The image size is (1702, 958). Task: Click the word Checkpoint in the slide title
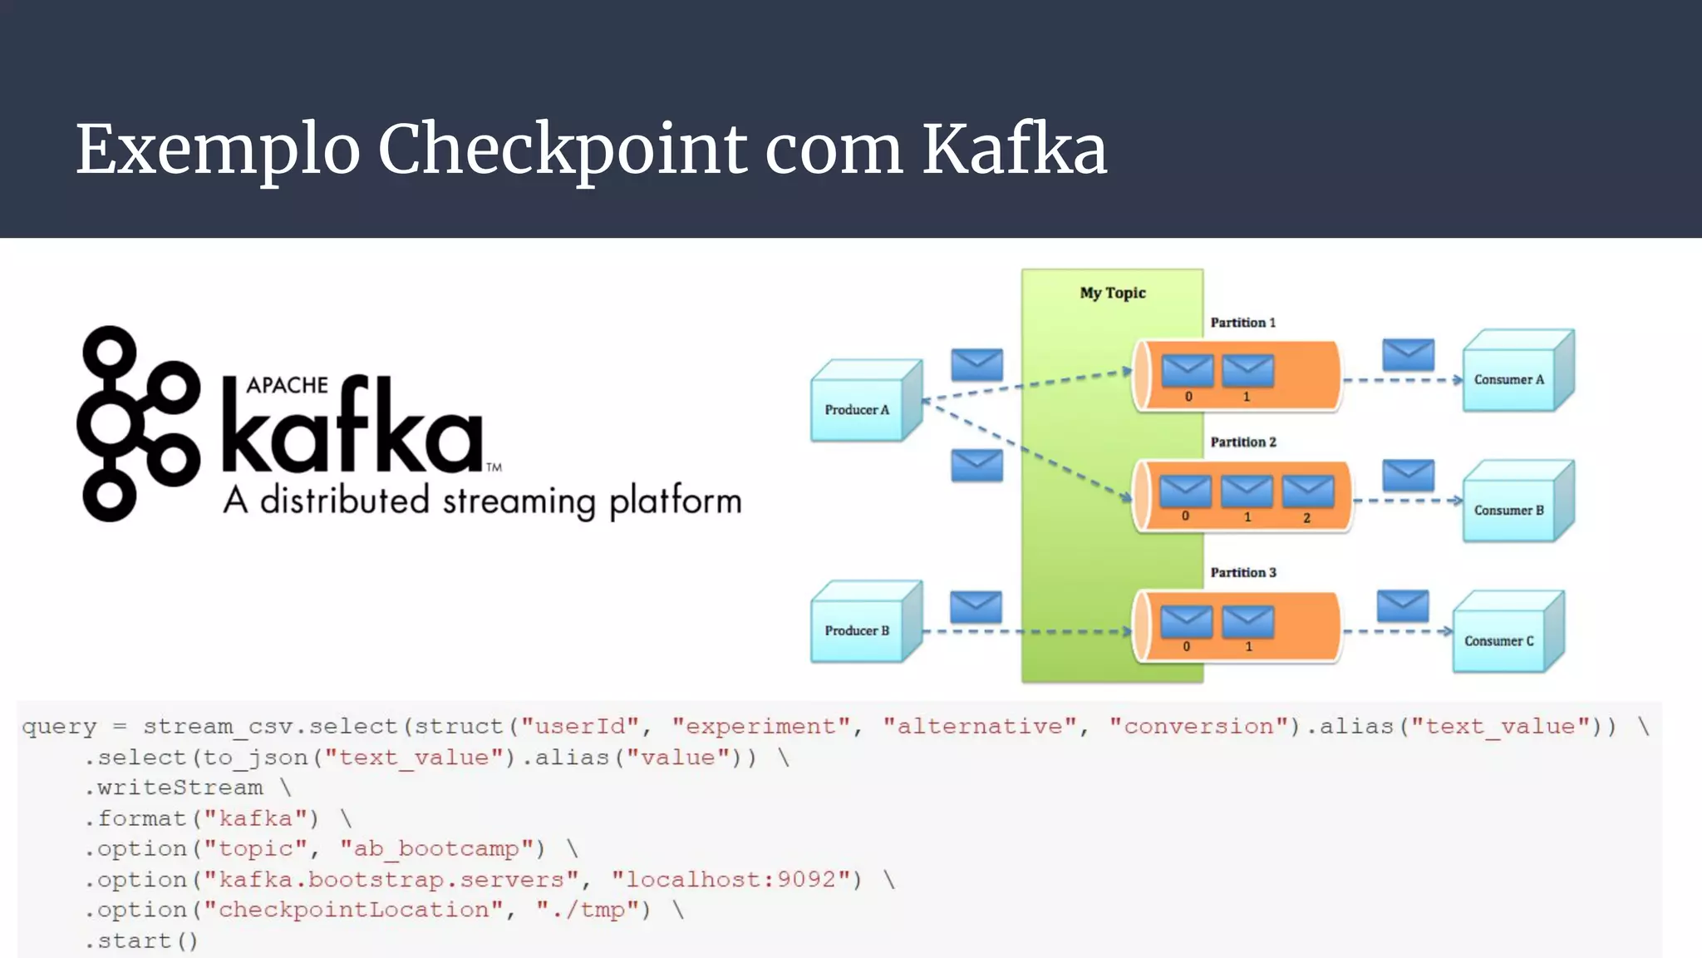pos(563,150)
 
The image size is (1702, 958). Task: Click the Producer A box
pos(858,409)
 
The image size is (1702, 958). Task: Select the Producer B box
pos(858,630)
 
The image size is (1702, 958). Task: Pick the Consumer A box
pos(1509,379)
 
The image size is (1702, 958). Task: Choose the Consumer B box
pos(1509,510)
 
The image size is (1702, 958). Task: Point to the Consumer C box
pos(1499,640)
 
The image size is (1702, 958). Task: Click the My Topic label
pos(1113,293)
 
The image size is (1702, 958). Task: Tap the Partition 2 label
pos(1243,442)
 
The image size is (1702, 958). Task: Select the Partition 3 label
pos(1243,572)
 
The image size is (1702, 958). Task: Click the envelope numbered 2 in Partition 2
pos(1308,492)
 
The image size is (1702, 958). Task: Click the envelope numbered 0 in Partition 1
pos(1188,371)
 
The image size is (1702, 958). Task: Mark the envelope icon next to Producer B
pos(976,607)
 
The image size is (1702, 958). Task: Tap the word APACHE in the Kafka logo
pos(287,385)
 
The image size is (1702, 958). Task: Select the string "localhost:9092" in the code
pos(736,879)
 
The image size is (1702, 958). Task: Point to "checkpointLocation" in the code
pos(353,910)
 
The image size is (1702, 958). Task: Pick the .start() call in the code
pos(141,941)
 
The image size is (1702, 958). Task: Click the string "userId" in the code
pos(580,726)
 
